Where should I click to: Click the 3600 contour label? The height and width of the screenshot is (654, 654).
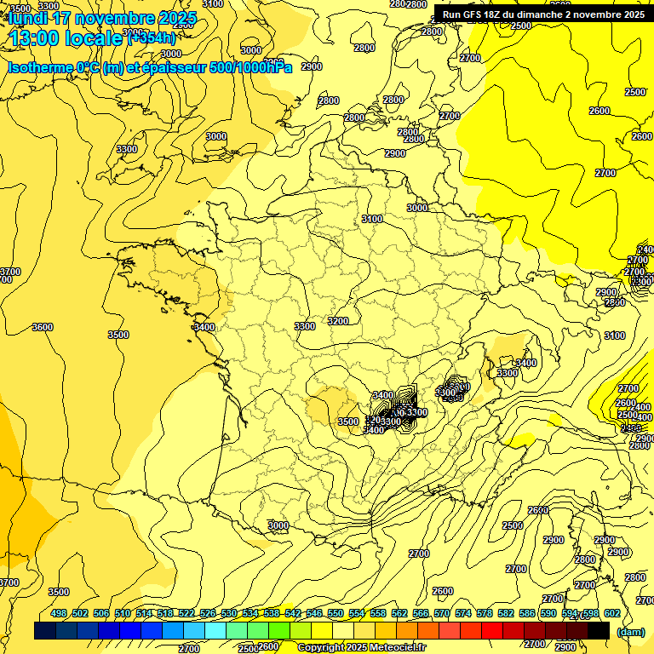click(x=42, y=327)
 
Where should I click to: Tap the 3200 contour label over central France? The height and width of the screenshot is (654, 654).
click(x=338, y=321)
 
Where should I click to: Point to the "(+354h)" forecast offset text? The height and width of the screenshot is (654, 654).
click(x=152, y=37)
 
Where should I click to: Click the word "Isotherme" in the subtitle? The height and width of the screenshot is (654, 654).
click(x=42, y=67)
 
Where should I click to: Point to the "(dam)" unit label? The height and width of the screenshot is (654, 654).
click(x=630, y=632)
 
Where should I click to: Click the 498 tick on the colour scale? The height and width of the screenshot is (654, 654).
click(x=59, y=613)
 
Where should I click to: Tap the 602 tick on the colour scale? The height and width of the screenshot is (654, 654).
click(x=612, y=613)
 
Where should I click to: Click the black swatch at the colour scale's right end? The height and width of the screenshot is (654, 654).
click(x=599, y=630)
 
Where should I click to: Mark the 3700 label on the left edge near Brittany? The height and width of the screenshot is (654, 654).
click(x=9, y=272)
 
